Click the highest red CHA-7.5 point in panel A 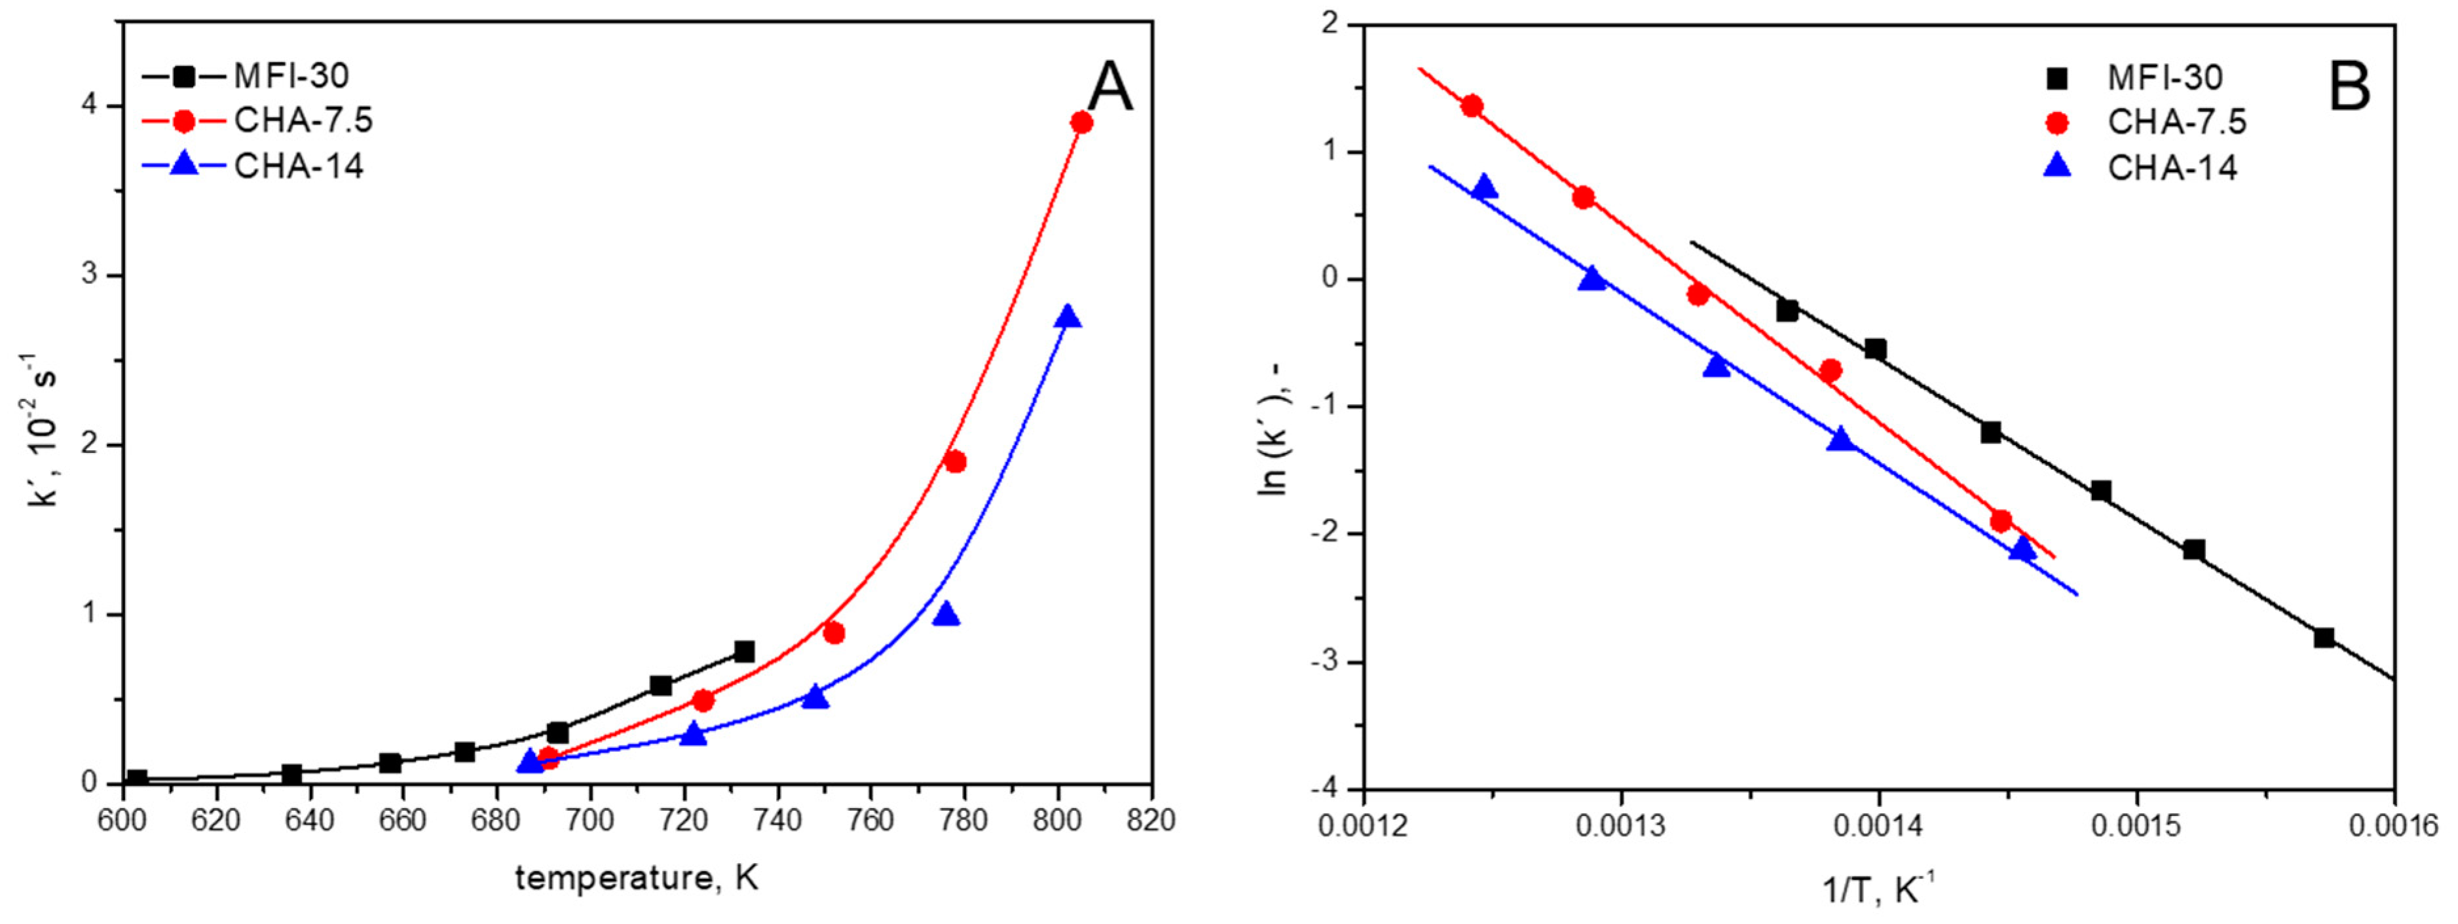1081,122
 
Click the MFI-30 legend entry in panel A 291,75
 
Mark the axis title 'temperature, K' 637,878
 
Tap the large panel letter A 1109,88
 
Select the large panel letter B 2349,87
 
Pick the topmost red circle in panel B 1472,106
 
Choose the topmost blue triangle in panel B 1485,187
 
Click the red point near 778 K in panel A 954,461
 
